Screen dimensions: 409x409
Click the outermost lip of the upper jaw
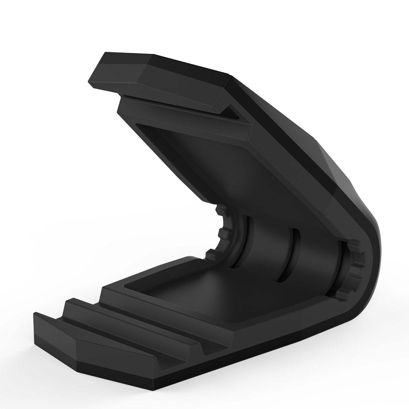[153, 82]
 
